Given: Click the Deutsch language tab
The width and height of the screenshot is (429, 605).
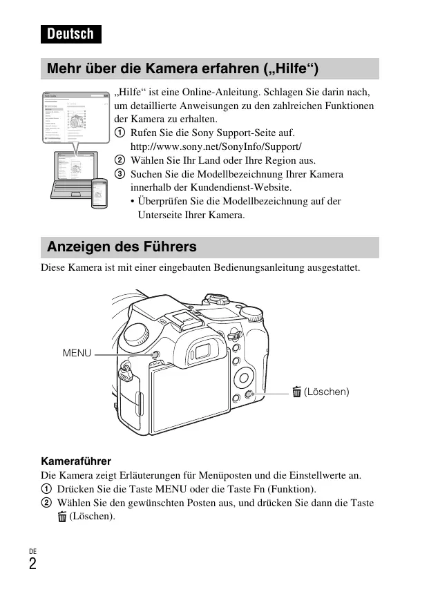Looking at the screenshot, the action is click(70, 34).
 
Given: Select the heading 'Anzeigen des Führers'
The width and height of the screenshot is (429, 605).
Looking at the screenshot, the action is click(122, 247).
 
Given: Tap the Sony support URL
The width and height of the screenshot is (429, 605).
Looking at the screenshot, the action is click(216, 146).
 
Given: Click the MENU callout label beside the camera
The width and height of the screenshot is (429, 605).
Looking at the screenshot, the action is click(77, 353).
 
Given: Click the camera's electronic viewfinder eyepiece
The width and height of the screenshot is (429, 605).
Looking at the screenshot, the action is click(202, 351).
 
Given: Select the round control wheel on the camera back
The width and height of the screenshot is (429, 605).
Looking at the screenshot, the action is click(244, 378).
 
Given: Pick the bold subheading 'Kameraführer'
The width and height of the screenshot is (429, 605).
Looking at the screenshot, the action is click(76, 461).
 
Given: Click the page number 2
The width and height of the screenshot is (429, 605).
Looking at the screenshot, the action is click(32, 564).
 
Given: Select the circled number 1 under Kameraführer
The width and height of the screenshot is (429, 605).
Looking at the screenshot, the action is click(46, 490).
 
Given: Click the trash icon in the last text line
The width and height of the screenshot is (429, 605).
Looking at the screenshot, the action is click(62, 517).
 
